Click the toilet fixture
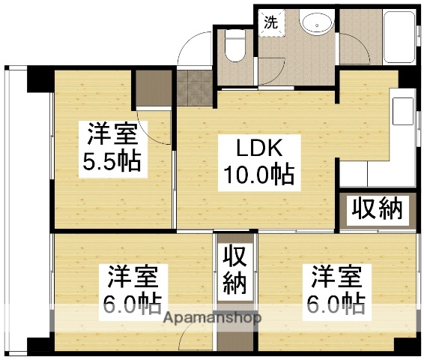point(235,50)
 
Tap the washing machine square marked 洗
point(271,22)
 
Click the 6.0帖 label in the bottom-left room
point(132,304)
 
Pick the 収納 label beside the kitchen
point(378,209)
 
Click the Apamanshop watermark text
point(213,317)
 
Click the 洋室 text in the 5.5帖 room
point(111,135)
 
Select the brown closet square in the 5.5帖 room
point(154,89)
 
